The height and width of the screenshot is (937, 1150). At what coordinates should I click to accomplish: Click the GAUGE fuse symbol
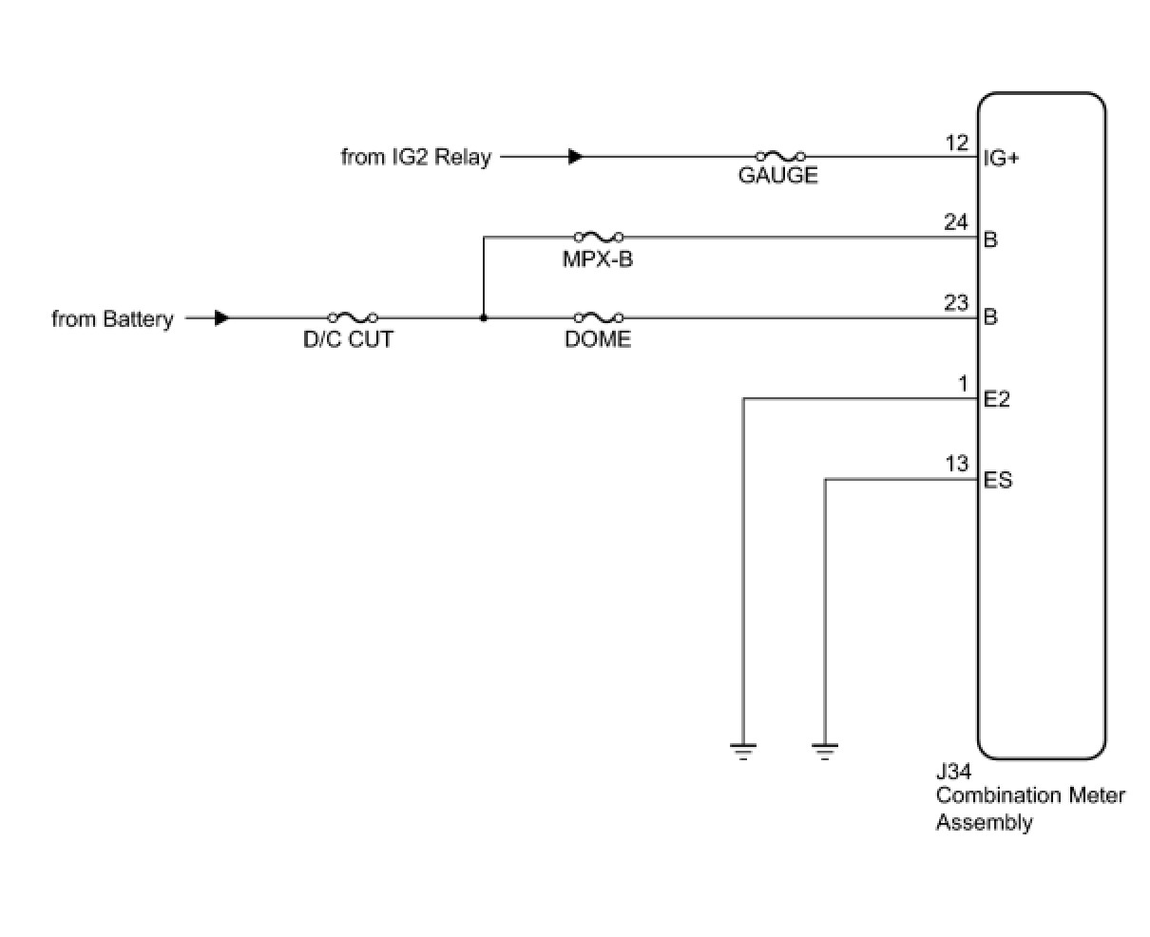click(x=780, y=156)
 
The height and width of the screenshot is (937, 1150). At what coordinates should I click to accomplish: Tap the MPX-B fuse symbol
click(x=599, y=237)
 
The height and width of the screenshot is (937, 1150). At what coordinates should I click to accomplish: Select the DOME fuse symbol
click(x=599, y=317)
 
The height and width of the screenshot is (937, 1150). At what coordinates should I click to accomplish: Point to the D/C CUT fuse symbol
click(x=352, y=317)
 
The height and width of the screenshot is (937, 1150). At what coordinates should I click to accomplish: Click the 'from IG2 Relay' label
click(x=415, y=157)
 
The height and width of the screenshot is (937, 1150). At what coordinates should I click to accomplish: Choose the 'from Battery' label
click(x=112, y=319)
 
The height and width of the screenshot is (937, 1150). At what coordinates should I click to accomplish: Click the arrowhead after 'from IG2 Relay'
click(x=575, y=157)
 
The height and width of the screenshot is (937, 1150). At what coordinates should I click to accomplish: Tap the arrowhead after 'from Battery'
click(x=221, y=318)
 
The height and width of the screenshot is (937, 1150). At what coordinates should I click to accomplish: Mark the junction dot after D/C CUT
click(x=484, y=317)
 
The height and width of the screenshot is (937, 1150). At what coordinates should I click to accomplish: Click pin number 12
click(x=957, y=143)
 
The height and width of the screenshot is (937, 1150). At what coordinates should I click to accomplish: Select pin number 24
click(x=956, y=223)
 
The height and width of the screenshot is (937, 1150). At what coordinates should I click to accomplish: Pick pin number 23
click(x=956, y=304)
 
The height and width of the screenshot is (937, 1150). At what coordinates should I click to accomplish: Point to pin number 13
click(x=957, y=464)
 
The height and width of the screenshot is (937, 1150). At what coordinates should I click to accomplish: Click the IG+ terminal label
click(x=1001, y=159)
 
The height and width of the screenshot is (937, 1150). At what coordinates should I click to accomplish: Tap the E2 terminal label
click(x=997, y=399)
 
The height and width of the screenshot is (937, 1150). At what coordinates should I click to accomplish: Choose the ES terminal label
click(x=998, y=480)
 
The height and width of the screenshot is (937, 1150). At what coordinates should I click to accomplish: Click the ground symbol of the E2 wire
click(x=742, y=752)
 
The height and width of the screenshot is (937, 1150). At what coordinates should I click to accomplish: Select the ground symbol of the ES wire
click(x=825, y=752)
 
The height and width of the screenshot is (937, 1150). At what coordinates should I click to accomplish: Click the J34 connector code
click(x=953, y=772)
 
